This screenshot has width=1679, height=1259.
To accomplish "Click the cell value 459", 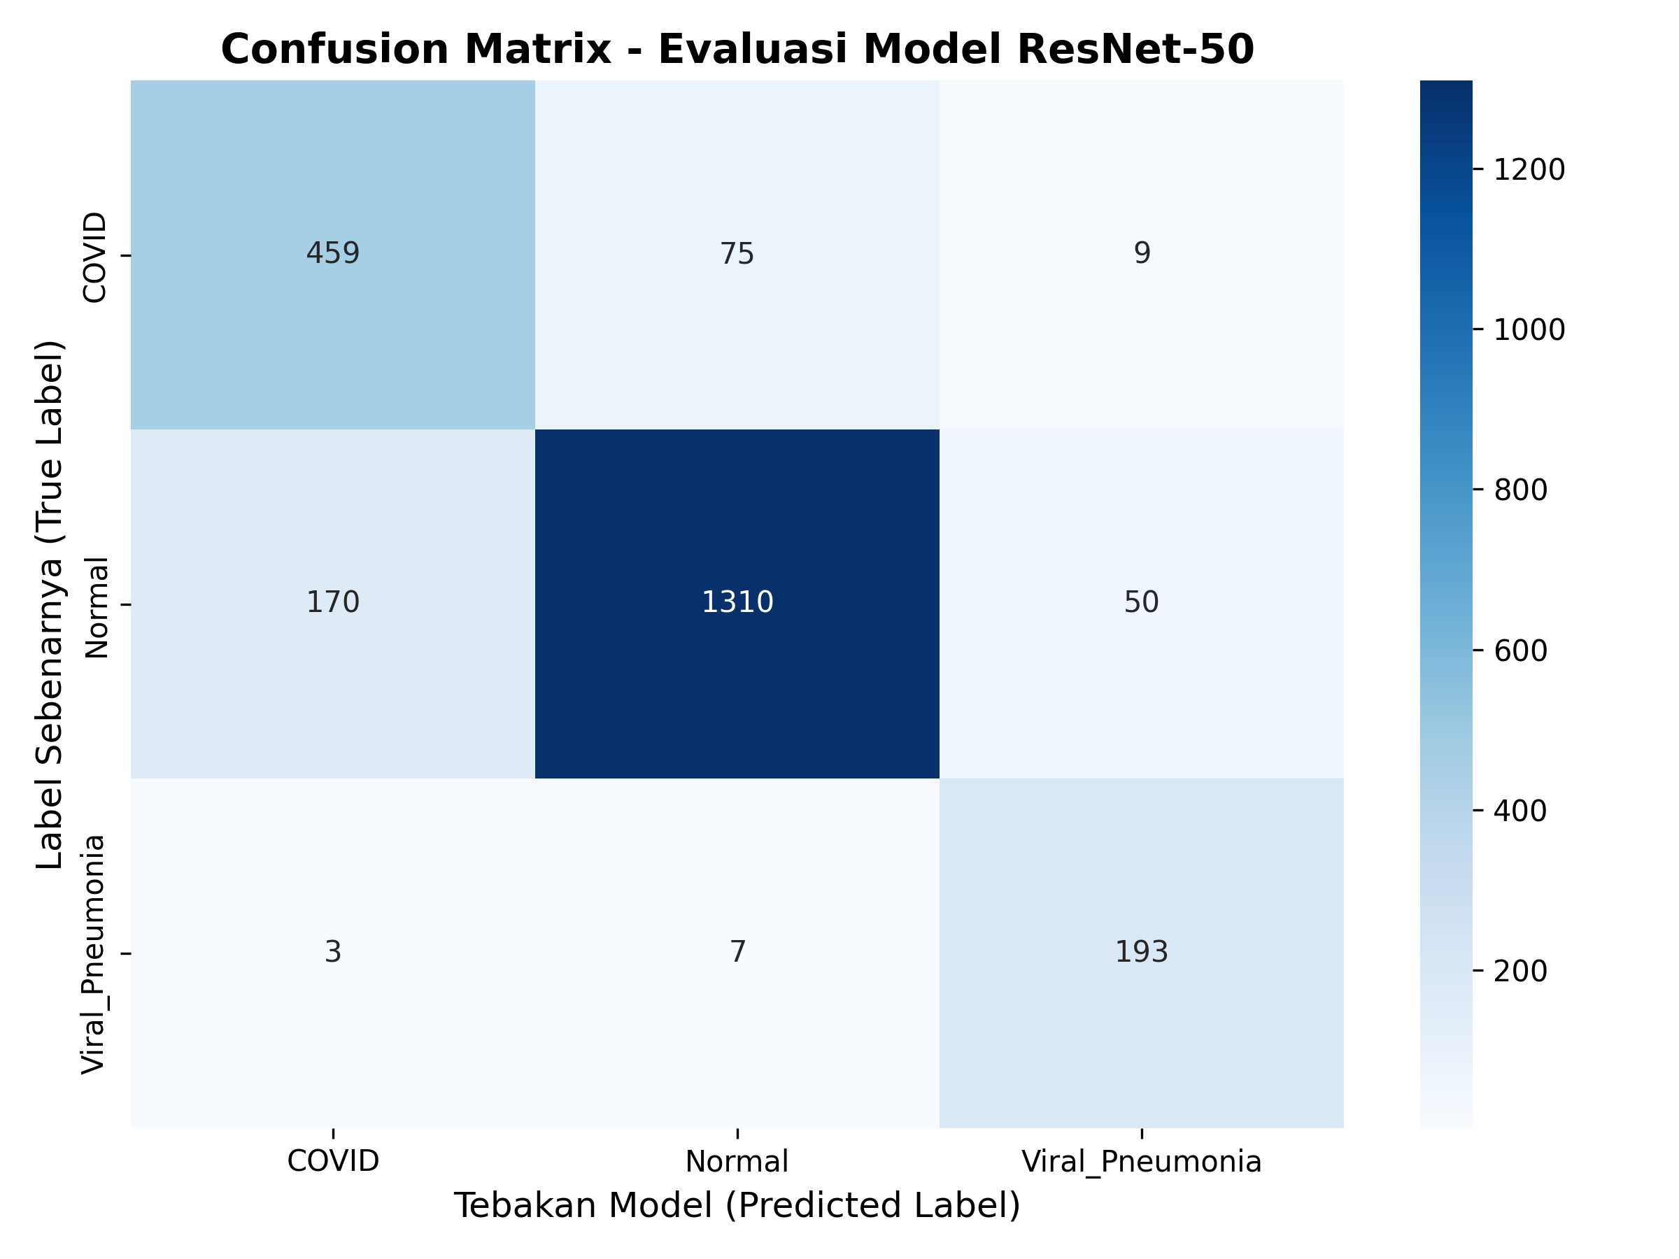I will point(332,253).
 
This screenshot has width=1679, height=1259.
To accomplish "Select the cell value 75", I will point(737,253).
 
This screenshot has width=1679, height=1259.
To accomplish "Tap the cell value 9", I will point(1142,253).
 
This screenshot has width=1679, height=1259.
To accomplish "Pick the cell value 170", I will point(332,602).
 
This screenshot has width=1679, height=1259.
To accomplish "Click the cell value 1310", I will point(737,602).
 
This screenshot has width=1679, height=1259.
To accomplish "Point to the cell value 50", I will point(1142,602).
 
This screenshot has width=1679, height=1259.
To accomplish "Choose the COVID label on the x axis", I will point(332,1161).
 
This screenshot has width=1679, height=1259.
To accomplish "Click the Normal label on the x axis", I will point(737,1162).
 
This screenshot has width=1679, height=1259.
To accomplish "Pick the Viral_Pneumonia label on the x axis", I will point(1142,1162).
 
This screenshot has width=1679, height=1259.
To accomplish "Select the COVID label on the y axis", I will point(95,257).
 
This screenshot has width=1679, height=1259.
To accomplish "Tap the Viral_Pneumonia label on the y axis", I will point(93,954).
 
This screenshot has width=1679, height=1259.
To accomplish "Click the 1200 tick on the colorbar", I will point(1529,170).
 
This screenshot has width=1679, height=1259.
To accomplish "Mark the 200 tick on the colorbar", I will point(1520,972).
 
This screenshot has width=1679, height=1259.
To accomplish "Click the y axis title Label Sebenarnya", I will point(50,604).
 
